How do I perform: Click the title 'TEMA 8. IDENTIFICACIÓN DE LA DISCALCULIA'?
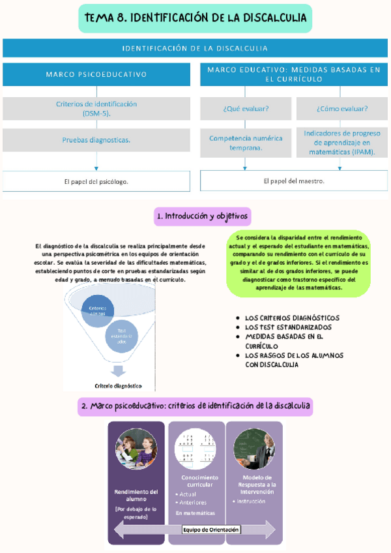pyautogui.click(x=195, y=19)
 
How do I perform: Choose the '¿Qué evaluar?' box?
pyautogui.click(x=245, y=108)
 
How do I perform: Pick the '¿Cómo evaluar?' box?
pyautogui.click(x=342, y=108)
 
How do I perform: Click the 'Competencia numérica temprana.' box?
pyautogui.click(x=245, y=143)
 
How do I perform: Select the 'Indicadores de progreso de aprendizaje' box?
pyautogui.click(x=342, y=142)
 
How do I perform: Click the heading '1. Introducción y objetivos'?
pyautogui.click(x=202, y=216)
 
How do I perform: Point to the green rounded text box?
pyautogui.click(x=298, y=263)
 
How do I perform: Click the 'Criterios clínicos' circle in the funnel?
pyautogui.click(x=98, y=311)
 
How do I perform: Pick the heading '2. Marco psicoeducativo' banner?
pyautogui.click(x=195, y=406)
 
